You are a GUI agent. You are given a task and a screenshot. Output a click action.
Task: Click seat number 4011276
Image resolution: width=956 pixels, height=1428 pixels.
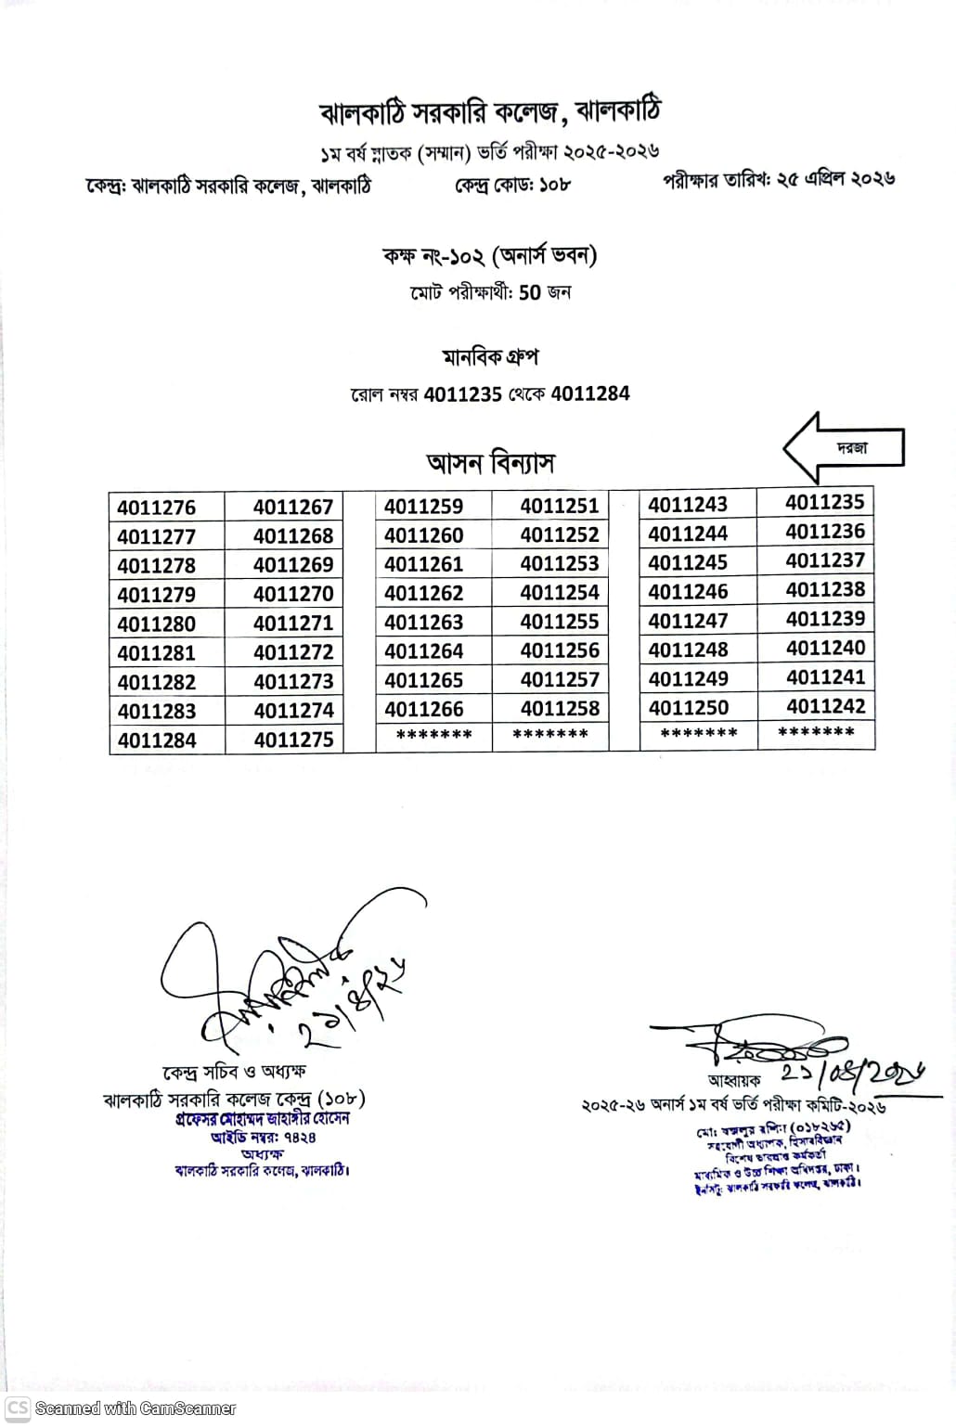click(157, 508)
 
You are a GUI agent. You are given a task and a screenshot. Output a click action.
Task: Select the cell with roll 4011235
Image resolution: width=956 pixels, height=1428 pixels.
click(824, 503)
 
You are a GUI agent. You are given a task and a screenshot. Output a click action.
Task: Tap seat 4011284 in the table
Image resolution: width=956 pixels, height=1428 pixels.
click(157, 740)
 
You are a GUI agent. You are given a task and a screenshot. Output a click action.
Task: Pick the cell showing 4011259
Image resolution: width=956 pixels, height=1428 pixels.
click(423, 507)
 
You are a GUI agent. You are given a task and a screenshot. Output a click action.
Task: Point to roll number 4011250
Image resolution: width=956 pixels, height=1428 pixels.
click(688, 708)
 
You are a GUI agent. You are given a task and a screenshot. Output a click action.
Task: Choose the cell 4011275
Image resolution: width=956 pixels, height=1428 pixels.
click(293, 740)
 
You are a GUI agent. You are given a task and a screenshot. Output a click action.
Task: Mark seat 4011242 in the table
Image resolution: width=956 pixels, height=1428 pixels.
click(825, 707)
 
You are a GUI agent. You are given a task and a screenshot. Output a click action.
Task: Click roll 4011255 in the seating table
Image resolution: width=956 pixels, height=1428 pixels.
click(560, 623)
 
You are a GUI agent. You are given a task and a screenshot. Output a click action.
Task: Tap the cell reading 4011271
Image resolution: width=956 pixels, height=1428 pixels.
click(293, 624)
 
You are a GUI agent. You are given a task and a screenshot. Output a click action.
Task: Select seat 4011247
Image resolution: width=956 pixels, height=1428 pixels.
click(688, 621)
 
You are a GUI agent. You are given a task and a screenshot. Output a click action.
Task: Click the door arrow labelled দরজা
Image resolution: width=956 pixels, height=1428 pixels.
click(844, 448)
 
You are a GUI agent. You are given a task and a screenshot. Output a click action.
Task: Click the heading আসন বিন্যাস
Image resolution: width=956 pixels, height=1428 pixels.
click(490, 462)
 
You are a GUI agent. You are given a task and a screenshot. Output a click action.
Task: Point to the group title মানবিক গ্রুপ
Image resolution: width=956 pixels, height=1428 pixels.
click(490, 357)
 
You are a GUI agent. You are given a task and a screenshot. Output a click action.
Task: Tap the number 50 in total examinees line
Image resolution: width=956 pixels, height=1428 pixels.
click(529, 293)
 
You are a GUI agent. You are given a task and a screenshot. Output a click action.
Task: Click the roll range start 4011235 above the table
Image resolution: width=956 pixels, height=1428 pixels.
click(462, 394)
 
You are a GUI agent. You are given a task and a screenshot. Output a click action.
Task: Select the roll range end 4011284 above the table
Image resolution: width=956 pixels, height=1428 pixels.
click(590, 394)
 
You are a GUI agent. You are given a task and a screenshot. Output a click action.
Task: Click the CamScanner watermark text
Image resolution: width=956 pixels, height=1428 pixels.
click(135, 1409)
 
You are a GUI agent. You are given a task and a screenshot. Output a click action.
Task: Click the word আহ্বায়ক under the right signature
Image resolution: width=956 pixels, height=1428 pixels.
click(734, 1080)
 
